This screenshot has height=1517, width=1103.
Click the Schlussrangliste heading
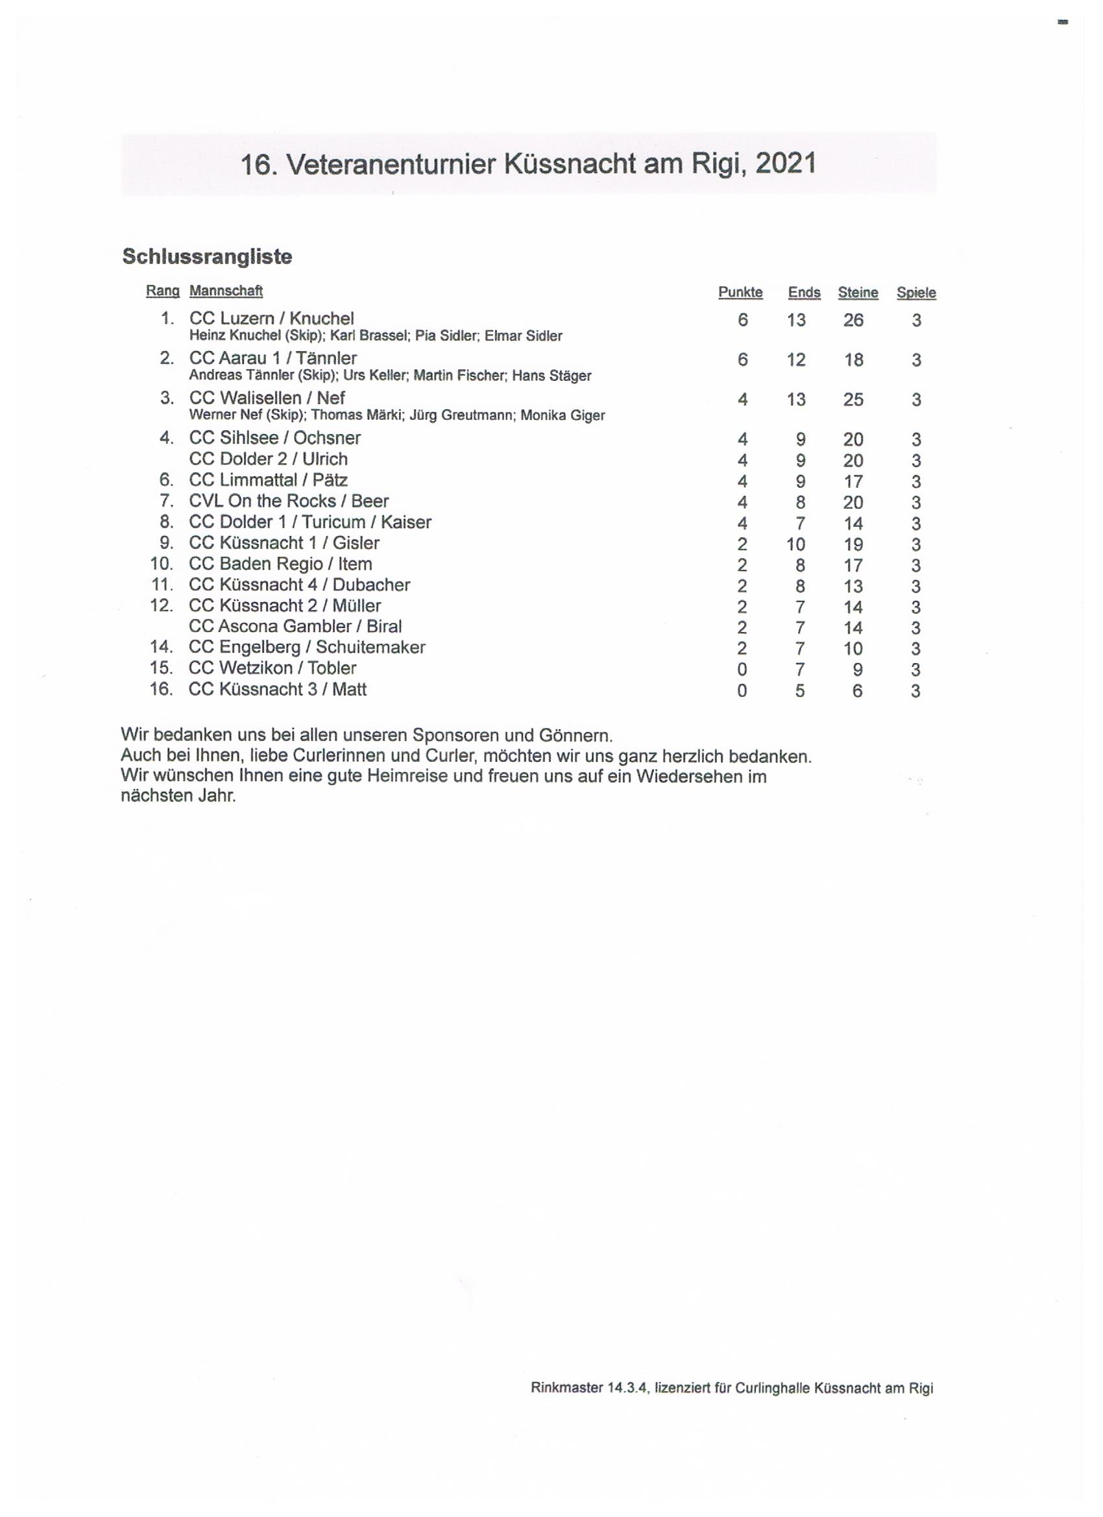[207, 257]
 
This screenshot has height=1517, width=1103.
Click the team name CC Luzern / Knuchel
[272, 319]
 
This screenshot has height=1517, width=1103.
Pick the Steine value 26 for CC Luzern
[853, 320]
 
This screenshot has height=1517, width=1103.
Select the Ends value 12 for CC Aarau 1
[796, 360]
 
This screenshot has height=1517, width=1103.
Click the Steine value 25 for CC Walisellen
[853, 399]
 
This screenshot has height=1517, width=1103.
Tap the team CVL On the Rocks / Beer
[288, 501]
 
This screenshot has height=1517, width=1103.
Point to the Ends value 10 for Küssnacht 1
[796, 544]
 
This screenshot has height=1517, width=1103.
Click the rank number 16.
[161, 689]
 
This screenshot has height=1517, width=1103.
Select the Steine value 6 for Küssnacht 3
[857, 691]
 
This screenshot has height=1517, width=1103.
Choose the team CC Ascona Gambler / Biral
[295, 627]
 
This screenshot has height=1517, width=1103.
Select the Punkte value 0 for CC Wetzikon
[742, 670]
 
